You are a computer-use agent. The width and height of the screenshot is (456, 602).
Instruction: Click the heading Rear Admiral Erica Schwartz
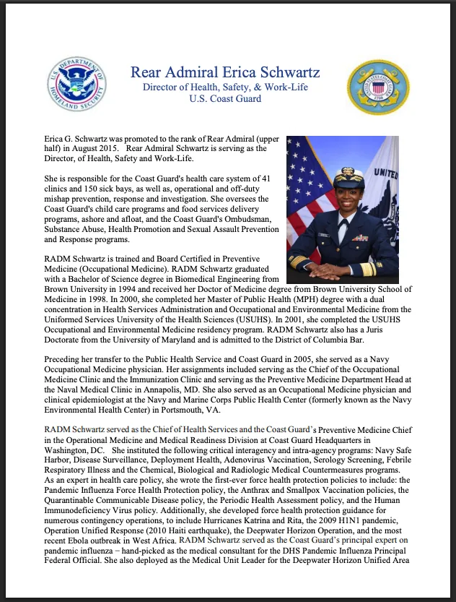[225, 73]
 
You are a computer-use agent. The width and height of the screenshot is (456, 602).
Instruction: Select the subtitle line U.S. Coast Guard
[225, 98]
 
